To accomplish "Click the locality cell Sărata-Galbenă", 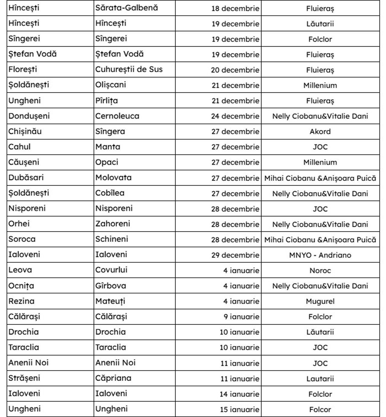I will pos(127,8).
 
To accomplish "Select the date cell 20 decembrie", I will pos(235,70).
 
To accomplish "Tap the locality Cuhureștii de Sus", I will pos(129,69).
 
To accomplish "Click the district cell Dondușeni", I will pos(29,116).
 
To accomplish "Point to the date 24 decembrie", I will pos(235,116).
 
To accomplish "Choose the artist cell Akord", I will pos(320,131).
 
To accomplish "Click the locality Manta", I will pos(108,147).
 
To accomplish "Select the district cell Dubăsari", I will pos(26,178).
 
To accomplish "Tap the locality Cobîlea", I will pos(110,193).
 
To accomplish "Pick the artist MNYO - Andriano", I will pos(320,255).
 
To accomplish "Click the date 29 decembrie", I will pos(235,255).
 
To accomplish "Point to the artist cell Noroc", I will pos(320,270).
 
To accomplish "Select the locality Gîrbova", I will pos(111,286).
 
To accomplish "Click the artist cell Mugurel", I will pos(320,301).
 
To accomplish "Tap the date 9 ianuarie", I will pos(241,317).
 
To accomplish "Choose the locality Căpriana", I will pos(113,378).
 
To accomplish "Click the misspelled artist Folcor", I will pos(320,409).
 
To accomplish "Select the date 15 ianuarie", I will pos(239,409).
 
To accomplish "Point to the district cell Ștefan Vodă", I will pos(32,54).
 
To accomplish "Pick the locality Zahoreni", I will pos(112,224).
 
